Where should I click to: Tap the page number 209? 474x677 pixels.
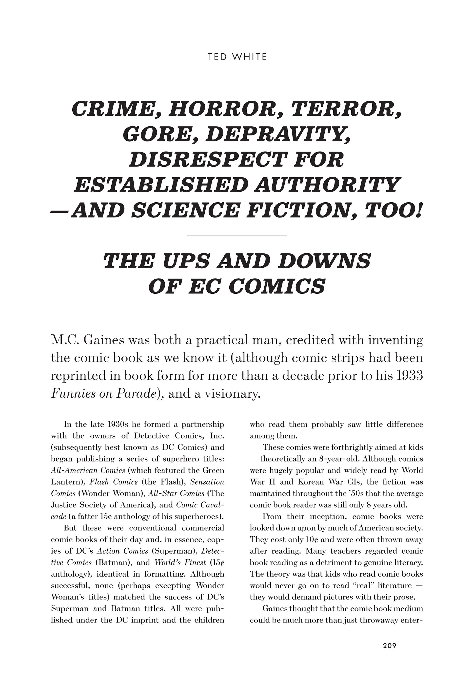click(389, 646)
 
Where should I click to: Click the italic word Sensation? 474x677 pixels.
click(207, 482)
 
